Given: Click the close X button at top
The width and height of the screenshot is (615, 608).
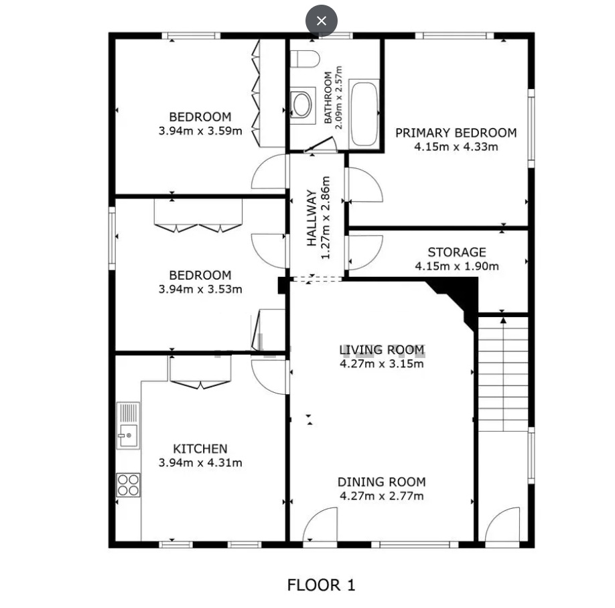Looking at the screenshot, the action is pos(321,21).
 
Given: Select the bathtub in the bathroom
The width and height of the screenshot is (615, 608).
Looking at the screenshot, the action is pos(364,114).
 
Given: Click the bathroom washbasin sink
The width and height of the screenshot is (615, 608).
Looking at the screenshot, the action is pos(302,105).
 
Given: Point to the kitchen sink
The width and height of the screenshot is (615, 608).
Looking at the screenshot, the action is pos(128,426).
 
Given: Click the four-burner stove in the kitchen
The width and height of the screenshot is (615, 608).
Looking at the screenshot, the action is pos(128,485).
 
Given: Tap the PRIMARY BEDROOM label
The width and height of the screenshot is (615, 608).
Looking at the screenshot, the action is pos(456,133).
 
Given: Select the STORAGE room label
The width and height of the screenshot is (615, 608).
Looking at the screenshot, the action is pos(456,252).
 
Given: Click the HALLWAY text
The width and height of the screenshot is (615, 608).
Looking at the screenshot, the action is pos(312,218).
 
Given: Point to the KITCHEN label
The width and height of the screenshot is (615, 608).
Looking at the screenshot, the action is pos(200,448).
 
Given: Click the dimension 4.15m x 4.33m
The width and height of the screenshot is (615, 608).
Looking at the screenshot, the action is pos(456,147).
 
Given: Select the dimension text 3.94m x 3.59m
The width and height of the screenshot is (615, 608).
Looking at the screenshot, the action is pos(200,131).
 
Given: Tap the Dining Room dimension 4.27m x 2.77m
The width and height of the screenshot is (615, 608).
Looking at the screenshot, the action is pos(382,496).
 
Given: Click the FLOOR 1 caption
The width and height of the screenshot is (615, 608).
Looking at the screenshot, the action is pos(321,585).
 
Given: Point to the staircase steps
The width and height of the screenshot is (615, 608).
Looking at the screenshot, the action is pos(503,375).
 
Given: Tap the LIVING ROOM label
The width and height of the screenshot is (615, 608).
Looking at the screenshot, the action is pos(382,350).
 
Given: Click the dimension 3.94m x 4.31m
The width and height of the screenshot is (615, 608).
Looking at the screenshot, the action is pos(200,463).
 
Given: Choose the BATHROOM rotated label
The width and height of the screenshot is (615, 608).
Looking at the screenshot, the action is pos(328,97).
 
